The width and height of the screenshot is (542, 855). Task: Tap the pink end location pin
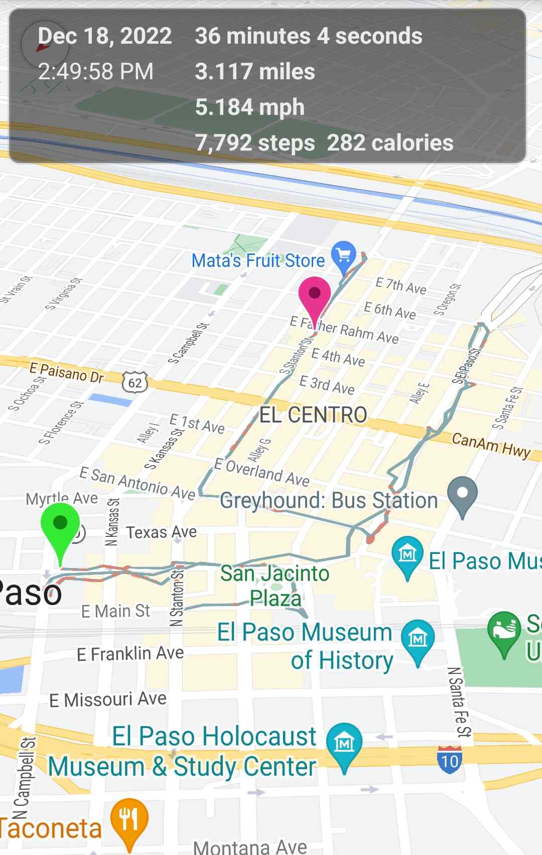pyautogui.click(x=315, y=296)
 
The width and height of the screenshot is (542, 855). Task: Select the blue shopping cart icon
pyautogui.click(x=344, y=255)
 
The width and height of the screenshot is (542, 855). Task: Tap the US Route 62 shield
pyautogui.click(x=135, y=383)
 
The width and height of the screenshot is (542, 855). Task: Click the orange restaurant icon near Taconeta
pyautogui.click(x=129, y=820)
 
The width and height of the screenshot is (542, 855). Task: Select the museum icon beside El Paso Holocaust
pyautogui.click(x=344, y=744)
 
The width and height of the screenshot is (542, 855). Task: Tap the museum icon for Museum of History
pyautogui.click(x=418, y=639)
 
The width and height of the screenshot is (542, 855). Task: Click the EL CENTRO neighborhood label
pyautogui.click(x=313, y=415)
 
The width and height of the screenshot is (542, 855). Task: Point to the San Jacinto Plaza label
pyautogui.click(x=275, y=586)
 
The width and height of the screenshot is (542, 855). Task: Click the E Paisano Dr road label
pyautogui.click(x=66, y=372)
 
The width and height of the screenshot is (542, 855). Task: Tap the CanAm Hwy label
pyautogui.click(x=491, y=444)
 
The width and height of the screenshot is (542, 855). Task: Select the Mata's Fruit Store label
pyautogui.click(x=258, y=260)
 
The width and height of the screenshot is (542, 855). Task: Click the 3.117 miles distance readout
pyautogui.click(x=255, y=71)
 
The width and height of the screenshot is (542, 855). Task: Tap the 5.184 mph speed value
pyautogui.click(x=250, y=107)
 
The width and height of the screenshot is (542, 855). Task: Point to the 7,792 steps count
pyautogui.click(x=255, y=143)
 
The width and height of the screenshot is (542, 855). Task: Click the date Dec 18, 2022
pyautogui.click(x=105, y=36)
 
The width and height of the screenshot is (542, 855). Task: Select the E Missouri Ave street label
pyautogui.click(x=108, y=699)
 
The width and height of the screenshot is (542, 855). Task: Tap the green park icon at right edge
pyautogui.click(x=504, y=631)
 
